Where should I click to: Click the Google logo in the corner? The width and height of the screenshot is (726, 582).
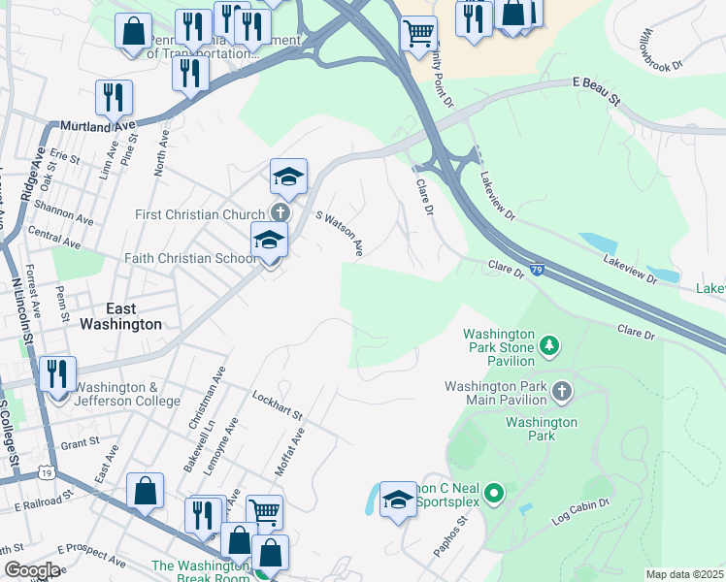click(x=31, y=570)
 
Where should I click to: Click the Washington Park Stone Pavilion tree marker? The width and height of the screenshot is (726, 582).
click(x=549, y=345)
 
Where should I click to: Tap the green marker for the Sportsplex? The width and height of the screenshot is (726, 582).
click(x=494, y=496)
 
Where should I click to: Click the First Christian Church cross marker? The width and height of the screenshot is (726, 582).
click(x=280, y=213)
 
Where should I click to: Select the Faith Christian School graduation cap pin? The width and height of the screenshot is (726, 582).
click(x=269, y=241)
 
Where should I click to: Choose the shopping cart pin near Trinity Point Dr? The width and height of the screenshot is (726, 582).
click(x=418, y=32)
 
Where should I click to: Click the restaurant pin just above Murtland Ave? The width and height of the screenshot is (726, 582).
click(x=115, y=97)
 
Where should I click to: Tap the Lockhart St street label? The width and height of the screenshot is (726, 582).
click(x=278, y=405)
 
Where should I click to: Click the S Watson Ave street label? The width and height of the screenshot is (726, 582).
click(x=340, y=235)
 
